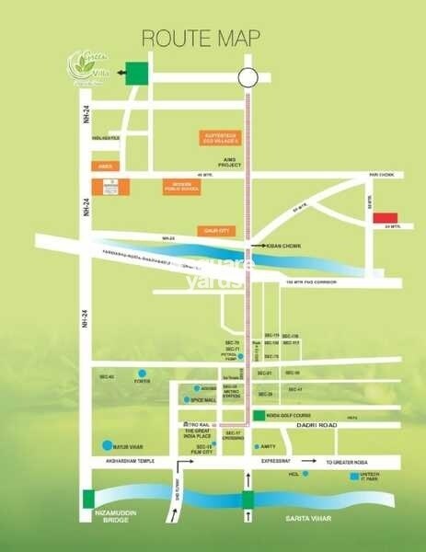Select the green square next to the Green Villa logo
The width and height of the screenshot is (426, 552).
137,75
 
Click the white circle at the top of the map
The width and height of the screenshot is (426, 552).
246,77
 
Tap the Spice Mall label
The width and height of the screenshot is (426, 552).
203,399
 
